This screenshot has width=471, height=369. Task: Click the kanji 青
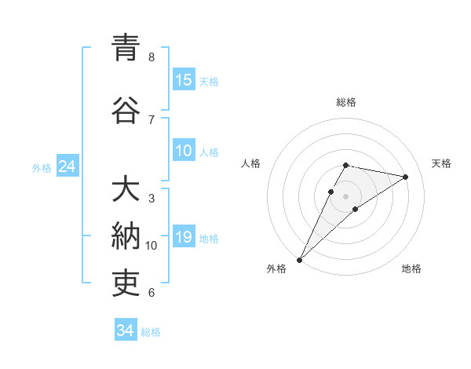[126, 48]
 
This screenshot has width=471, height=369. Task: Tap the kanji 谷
[126, 110]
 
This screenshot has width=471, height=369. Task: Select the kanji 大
[126, 191]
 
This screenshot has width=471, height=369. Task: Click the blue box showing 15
[184, 80]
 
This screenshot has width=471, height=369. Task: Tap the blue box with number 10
[184, 151]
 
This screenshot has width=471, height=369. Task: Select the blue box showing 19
[184, 237]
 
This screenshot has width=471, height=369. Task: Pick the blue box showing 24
[67, 166]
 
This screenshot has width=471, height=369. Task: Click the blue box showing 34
[126, 331]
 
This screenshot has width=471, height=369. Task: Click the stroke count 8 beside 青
[152, 57]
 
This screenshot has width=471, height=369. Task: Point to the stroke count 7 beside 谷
[152, 119]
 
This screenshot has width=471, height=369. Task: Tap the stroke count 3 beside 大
[152, 199]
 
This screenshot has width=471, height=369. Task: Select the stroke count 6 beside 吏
[152, 293]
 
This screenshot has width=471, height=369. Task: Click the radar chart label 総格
[346, 102]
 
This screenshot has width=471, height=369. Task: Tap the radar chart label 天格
[441, 163]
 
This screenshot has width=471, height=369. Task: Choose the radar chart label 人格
[251, 163]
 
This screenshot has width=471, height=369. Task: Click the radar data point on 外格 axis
[300, 259]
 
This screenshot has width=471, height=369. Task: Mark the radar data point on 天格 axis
[406, 177]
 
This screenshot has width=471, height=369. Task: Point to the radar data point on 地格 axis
[356, 209]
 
